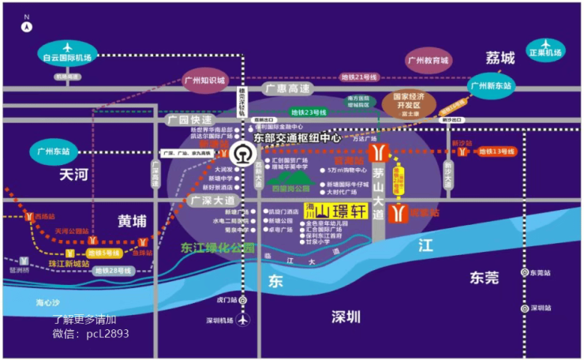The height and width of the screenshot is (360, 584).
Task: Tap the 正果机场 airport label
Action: pos(545,53)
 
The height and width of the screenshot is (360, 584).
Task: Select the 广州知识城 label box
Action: pos(204,81)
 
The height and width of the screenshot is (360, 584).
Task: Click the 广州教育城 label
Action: pos(427,60)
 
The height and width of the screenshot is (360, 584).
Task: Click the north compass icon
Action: pos(27,25)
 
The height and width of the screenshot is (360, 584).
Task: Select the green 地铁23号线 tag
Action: pos(308,112)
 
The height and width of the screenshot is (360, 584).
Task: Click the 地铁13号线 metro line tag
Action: pos(496,151)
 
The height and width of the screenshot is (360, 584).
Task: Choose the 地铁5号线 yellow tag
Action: pos(103,253)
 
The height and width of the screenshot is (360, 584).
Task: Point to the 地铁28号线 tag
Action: pos(111,270)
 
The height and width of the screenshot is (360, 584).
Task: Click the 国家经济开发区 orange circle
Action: pos(409,104)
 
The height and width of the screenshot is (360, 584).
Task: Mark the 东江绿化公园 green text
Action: pos(218,248)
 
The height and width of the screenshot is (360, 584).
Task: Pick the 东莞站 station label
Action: pos(541,272)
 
